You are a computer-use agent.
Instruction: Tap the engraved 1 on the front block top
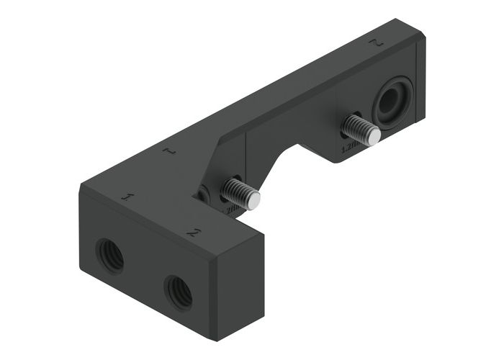pyautogui.click(x=129, y=197)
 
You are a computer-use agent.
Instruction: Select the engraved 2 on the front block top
pyautogui.click(x=192, y=233)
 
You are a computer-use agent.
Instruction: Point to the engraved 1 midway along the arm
pyautogui.click(x=168, y=152)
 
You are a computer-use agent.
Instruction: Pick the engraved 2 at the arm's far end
pyautogui.click(x=374, y=42)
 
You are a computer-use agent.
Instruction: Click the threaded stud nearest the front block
pyautogui.click(x=237, y=194)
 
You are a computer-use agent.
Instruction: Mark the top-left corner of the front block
pyautogui.click(x=81, y=186)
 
